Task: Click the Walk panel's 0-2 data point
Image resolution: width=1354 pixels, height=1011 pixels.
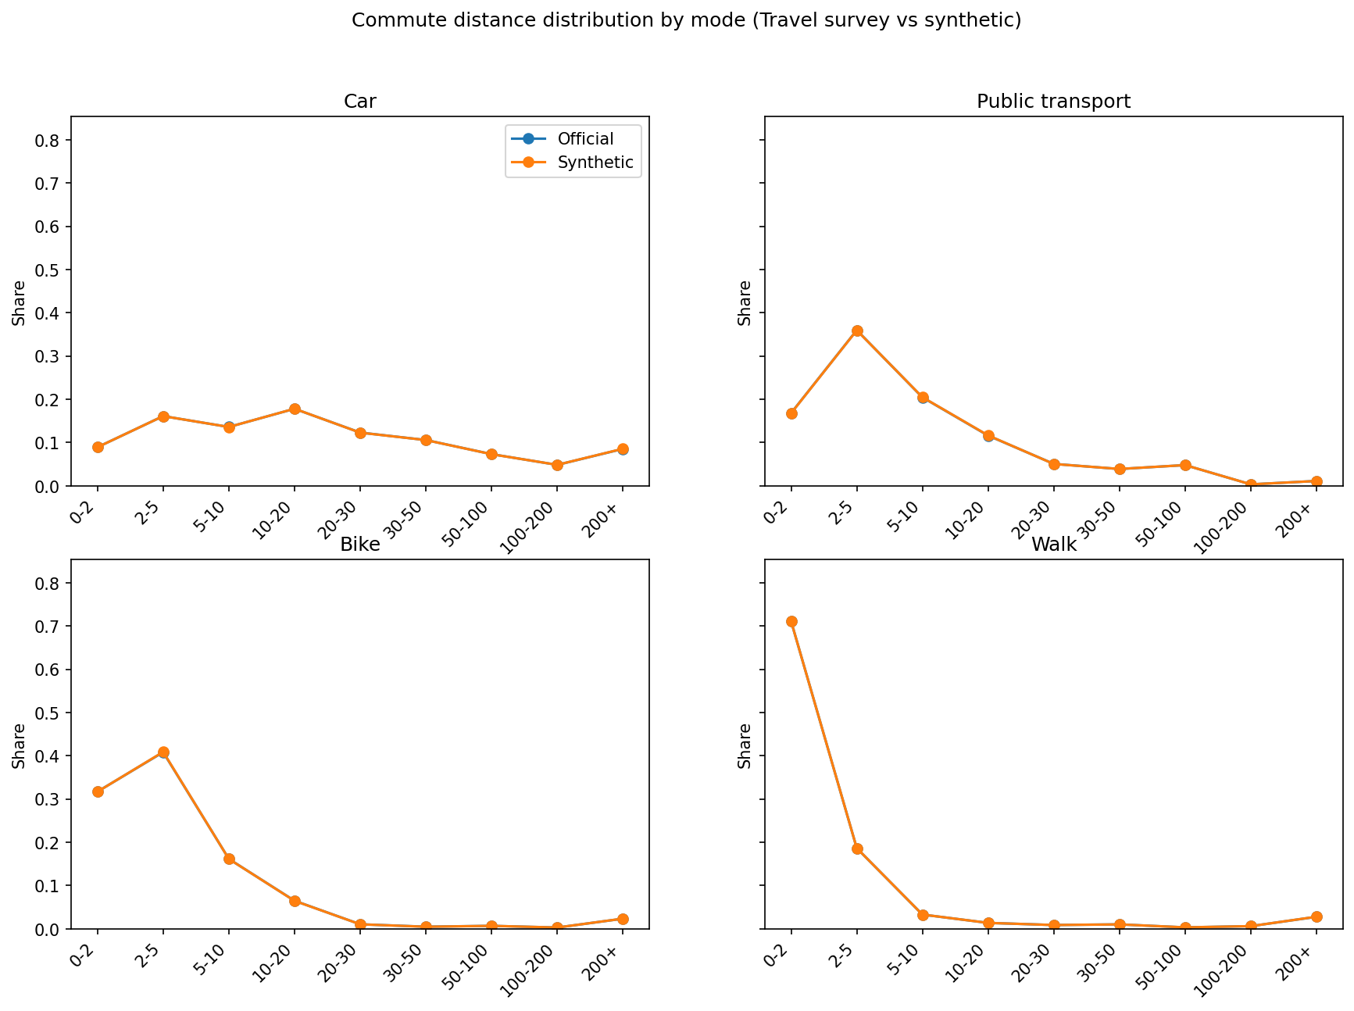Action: tap(791, 621)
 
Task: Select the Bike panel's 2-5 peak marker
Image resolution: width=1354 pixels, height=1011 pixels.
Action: tap(163, 752)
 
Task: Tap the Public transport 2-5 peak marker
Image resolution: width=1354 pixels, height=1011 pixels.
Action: tap(857, 330)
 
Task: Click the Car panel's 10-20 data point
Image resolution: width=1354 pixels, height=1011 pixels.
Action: tap(295, 409)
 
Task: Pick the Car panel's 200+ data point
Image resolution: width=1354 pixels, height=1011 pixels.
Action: tap(623, 449)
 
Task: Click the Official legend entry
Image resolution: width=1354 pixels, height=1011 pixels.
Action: tap(584, 139)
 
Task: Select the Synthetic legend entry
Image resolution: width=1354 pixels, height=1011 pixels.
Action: tap(595, 163)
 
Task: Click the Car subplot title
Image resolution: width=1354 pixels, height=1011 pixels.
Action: tap(360, 102)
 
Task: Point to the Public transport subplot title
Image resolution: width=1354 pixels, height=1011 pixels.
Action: tap(1053, 102)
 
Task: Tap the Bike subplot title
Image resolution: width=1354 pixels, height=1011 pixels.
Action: tap(360, 545)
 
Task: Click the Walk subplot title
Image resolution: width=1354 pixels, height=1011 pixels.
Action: tap(1053, 545)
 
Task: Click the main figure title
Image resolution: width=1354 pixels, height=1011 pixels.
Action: tap(686, 20)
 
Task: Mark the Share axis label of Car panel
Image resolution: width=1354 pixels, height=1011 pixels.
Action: tap(19, 302)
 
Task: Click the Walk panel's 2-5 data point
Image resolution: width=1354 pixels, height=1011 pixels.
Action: tap(857, 848)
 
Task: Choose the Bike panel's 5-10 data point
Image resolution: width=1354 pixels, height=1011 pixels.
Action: tap(229, 859)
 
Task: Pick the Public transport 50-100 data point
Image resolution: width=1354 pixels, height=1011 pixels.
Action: tap(1185, 465)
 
